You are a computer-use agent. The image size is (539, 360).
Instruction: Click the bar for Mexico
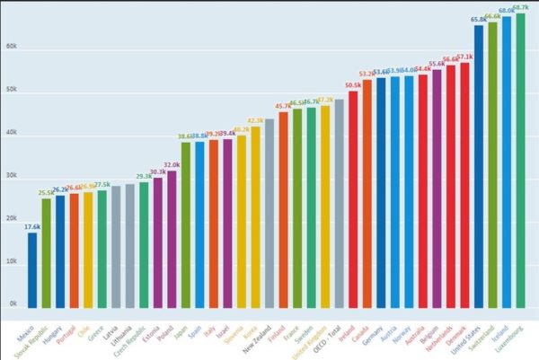pyautogui.click(x=32, y=270)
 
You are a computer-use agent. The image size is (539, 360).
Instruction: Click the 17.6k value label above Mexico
pyautogui.click(x=32, y=227)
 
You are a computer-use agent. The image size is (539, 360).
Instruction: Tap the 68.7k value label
pyautogui.click(x=521, y=7)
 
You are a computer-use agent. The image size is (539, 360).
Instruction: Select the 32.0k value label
pyautogui.click(x=172, y=165)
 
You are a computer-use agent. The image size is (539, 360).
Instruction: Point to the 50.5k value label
pyautogui.click(x=353, y=85)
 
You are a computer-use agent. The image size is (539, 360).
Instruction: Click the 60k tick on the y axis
pyautogui.click(x=13, y=47)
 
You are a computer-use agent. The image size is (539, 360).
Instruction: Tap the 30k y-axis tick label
pyautogui.click(x=13, y=176)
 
